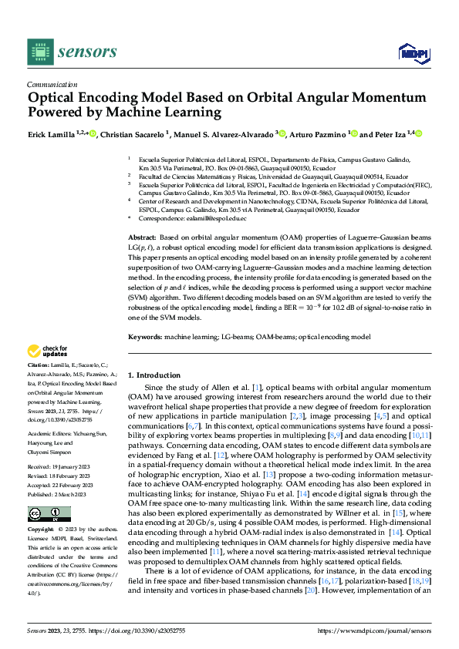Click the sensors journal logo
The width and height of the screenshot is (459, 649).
72,52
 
